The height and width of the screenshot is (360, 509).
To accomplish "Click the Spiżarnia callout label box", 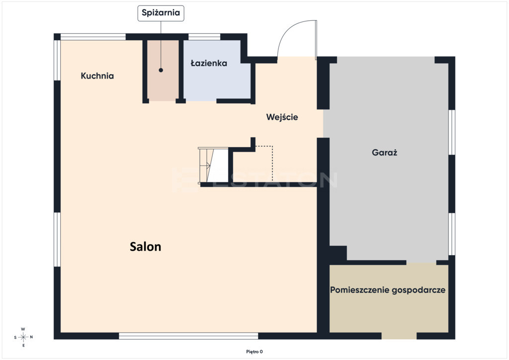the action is (x=161, y=13).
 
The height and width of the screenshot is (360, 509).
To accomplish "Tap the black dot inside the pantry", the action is (x=161, y=70).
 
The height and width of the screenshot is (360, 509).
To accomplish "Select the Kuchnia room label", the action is (x=97, y=76).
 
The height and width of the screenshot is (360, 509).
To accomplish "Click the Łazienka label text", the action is (x=209, y=63).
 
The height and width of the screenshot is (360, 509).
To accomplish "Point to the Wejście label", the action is (x=282, y=117).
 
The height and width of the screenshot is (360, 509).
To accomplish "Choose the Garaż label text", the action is (x=384, y=152).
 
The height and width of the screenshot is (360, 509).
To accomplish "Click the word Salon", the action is (x=146, y=247).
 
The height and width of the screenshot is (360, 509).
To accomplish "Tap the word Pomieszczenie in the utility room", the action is (x=359, y=290).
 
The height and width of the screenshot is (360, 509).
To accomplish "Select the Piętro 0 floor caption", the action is (x=254, y=352).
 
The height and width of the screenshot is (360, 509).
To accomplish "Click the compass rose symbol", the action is (x=23, y=337).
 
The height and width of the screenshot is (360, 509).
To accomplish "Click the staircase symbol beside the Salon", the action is (x=213, y=166).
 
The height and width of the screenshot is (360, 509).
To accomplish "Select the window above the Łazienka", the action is (x=204, y=37).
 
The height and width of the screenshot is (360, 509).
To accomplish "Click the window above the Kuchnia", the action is (x=93, y=37).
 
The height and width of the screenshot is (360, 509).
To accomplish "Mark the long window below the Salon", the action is (x=188, y=336).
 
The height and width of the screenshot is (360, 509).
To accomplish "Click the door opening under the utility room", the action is (x=399, y=336).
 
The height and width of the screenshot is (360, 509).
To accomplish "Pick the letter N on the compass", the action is (x=31, y=337).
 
